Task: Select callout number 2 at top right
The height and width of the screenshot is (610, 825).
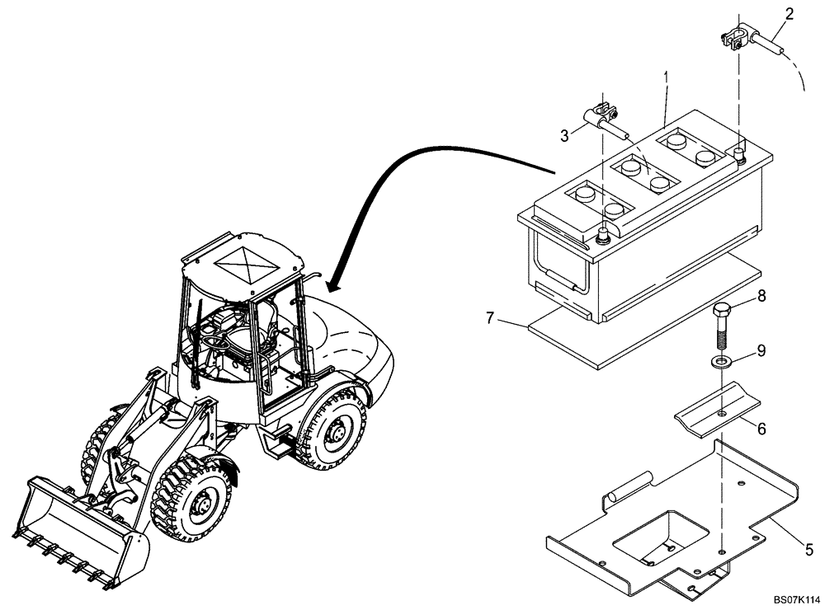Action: (790, 14)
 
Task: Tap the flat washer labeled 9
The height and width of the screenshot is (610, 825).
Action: (722, 363)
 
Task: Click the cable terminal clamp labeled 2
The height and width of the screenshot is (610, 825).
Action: (736, 36)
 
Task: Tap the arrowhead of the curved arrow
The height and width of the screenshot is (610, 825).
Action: (335, 285)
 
